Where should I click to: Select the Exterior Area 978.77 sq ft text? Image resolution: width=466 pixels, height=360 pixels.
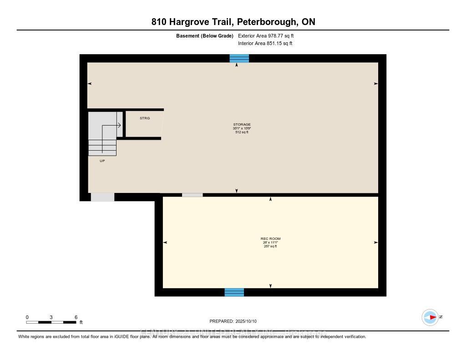click(x=269, y=35)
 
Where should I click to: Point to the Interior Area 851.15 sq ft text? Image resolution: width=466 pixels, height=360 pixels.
click(x=265, y=44)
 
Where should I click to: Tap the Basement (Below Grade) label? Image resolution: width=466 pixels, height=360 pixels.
click(x=204, y=35)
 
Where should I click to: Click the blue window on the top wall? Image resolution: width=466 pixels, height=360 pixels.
click(x=239, y=58)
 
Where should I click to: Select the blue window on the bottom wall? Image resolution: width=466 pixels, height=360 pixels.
click(x=234, y=292)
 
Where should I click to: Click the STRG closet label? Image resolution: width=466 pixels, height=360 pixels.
click(x=144, y=118)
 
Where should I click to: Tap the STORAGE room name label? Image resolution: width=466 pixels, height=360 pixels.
click(x=242, y=124)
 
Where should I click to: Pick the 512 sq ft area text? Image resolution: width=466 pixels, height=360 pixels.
click(x=242, y=132)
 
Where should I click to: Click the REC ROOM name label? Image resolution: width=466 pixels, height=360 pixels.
click(x=270, y=239)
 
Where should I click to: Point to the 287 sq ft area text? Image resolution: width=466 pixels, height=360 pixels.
click(x=270, y=246)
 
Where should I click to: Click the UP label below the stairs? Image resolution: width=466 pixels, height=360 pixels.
click(x=102, y=161)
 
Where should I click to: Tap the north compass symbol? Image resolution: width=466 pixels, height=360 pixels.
click(x=430, y=317)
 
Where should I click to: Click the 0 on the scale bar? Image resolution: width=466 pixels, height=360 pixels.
click(x=27, y=317)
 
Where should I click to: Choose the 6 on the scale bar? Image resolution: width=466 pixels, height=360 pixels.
click(x=76, y=317)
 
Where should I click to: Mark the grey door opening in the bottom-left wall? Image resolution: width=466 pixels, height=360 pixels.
click(x=102, y=197)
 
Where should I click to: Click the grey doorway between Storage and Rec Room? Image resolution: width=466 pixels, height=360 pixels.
click(x=192, y=195)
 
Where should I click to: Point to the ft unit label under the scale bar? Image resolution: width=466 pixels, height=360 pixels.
click(x=81, y=322)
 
